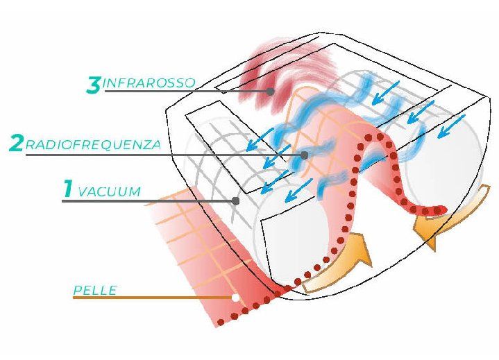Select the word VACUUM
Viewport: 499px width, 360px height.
click(x=110, y=191)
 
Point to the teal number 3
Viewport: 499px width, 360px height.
click(x=94, y=85)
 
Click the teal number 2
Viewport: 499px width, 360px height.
click(x=16, y=144)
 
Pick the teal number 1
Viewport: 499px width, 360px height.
click(x=68, y=189)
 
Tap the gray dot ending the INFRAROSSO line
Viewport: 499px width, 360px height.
click(x=270, y=92)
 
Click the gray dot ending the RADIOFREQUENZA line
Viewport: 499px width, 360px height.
click(x=303, y=155)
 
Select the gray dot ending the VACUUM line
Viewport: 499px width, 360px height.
click(x=236, y=201)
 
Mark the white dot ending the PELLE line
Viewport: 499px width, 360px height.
click(x=236, y=298)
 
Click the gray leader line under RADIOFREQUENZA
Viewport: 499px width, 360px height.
click(x=160, y=155)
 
